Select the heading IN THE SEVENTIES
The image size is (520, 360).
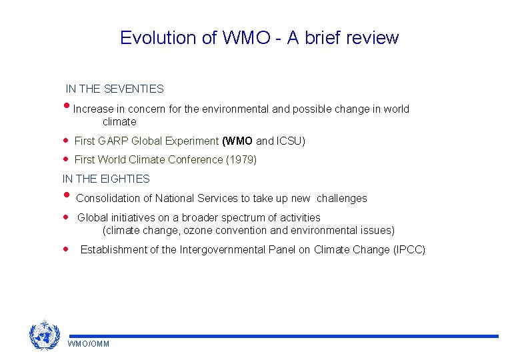115,89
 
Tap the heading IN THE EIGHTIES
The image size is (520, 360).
106,179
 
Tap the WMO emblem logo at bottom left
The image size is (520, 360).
45,335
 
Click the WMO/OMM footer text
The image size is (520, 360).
89,344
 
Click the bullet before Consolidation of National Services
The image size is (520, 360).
66,196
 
